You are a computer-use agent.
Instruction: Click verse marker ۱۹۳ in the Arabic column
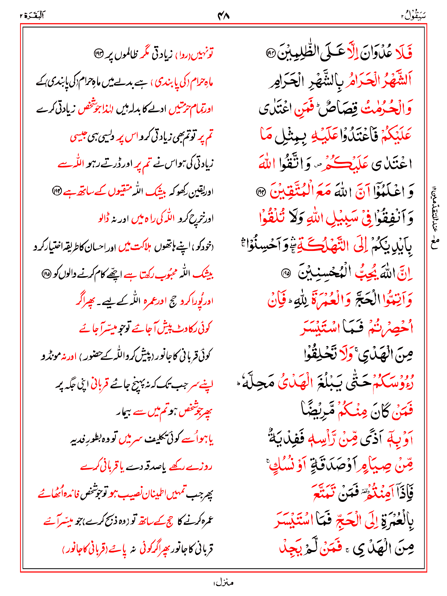pos(271,53)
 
